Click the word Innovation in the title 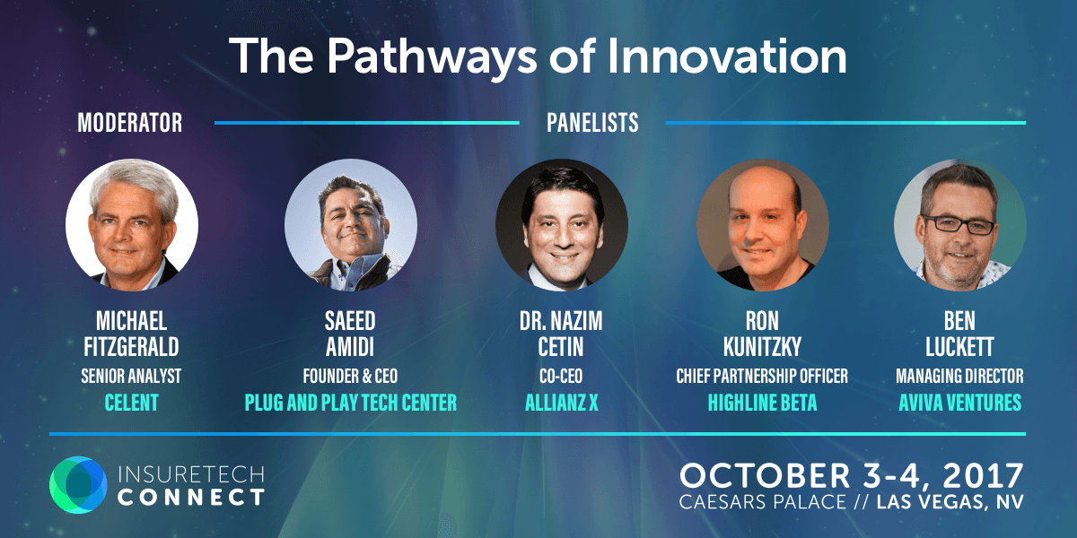[726, 56]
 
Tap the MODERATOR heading [130, 123]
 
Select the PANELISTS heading [592, 123]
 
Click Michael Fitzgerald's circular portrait [132, 225]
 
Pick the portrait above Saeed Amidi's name [351, 225]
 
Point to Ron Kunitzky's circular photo [763, 225]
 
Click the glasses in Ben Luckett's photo [958, 225]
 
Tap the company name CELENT [131, 403]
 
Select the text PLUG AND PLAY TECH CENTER [351, 403]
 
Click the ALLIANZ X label [561, 403]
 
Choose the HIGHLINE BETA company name [762, 403]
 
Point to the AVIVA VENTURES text [959, 403]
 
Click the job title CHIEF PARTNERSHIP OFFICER [762, 376]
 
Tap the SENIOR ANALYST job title [131, 376]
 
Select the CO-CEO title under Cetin [561, 376]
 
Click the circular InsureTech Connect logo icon [78, 485]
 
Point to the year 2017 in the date [983, 476]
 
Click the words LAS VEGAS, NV [950, 502]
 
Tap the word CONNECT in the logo [191, 497]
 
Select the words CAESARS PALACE [763, 502]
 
